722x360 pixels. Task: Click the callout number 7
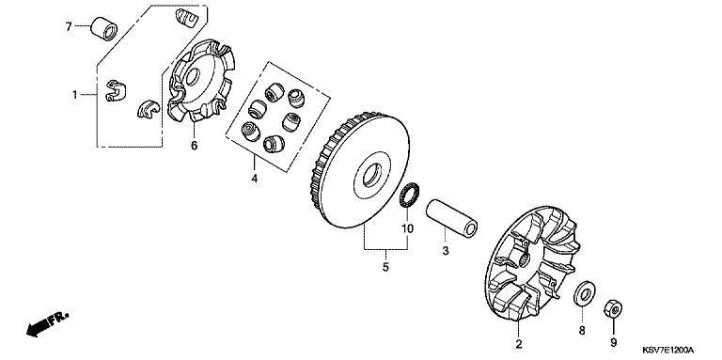click(69, 27)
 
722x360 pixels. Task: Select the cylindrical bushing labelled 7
click(103, 28)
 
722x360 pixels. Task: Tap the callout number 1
click(74, 95)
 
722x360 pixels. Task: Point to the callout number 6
click(194, 146)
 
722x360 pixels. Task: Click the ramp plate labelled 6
click(202, 81)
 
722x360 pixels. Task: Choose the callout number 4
click(254, 179)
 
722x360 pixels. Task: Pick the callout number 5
click(385, 267)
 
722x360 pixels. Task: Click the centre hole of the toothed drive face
click(372, 175)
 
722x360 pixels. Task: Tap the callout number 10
click(408, 227)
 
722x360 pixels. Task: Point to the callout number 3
click(446, 251)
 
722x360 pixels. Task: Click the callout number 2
click(519, 344)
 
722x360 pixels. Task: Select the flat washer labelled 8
click(584, 293)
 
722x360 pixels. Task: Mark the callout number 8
click(582, 330)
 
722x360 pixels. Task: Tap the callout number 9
click(613, 342)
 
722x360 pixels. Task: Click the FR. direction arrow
click(47, 324)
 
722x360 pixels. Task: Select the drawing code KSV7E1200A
click(668, 351)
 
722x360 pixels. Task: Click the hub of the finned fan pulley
click(524, 264)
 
